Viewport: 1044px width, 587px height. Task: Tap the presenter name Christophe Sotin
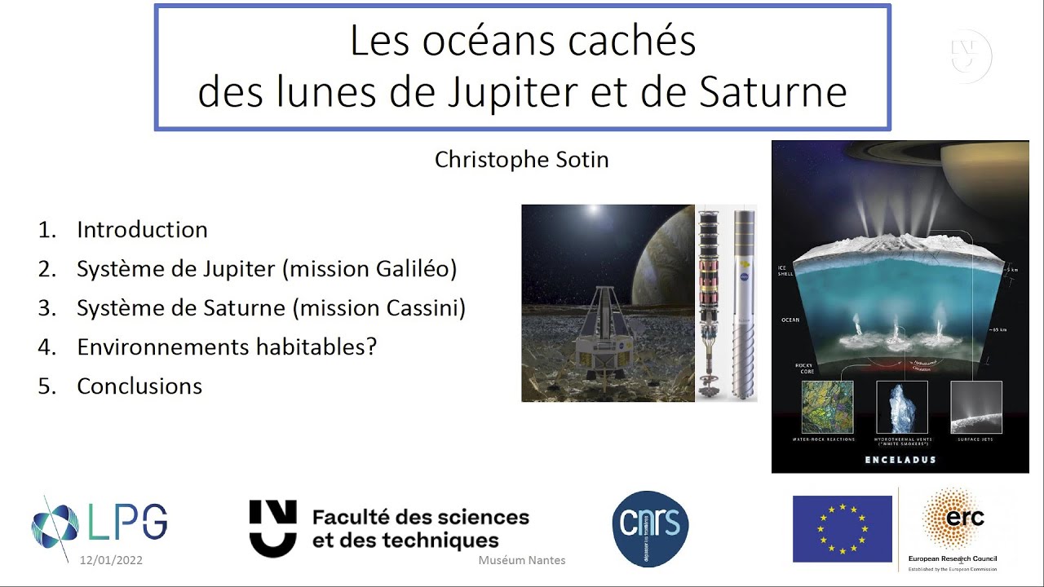click(521, 160)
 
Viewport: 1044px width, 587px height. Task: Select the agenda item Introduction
click(142, 230)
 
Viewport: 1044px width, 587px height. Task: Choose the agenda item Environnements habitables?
click(226, 347)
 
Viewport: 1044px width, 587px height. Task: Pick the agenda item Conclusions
click(139, 386)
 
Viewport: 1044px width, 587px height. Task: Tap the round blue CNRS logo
click(650, 529)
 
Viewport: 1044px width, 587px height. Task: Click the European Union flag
click(842, 529)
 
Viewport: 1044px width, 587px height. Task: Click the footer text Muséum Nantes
click(521, 560)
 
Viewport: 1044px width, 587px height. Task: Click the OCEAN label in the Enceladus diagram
click(790, 320)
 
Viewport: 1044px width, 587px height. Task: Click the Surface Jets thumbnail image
click(975, 407)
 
